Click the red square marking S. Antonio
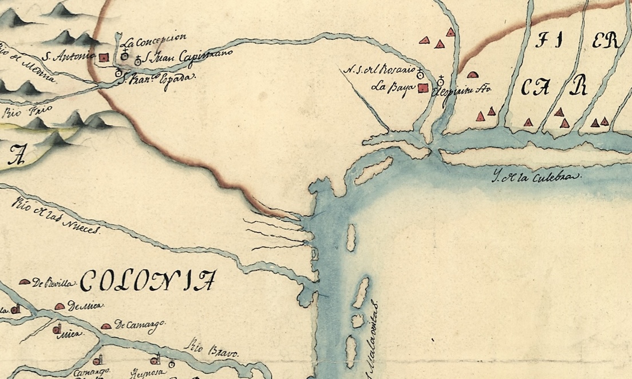pyautogui.click(x=104, y=57)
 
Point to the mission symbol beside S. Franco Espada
pyautogui.click(x=118, y=73)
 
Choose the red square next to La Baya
pyautogui.click(x=423, y=88)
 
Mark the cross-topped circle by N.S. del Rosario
pyautogui.click(x=420, y=74)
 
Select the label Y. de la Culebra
pyautogui.click(x=536, y=177)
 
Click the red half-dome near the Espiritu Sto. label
pyautogui.click(x=472, y=75)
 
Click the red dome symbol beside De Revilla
pyautogui.click(x=25, y=282)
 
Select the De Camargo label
pyautogui.click(x=137, y=324)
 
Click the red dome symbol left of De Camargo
pyautogui.click(x=106, y=326)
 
